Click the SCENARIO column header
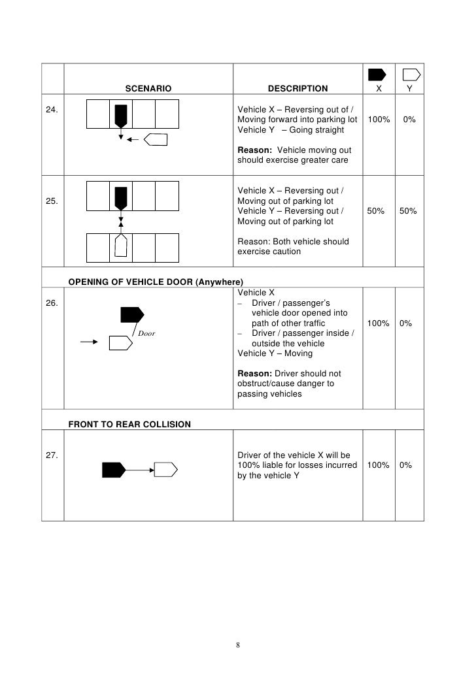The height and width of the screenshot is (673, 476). [148, 88]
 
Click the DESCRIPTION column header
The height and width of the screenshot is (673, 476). [298, 88]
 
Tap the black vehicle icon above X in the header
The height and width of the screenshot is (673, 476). [377, 74]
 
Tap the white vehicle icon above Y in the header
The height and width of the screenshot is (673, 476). [411, 74]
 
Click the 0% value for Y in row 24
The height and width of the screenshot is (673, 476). [409, 120]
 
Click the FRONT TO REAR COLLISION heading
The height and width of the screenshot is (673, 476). [129, 424]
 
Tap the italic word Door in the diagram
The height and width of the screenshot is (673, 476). [146, 333]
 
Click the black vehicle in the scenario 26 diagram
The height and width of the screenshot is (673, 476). [131, 316]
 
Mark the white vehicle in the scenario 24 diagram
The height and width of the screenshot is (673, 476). [156, 139]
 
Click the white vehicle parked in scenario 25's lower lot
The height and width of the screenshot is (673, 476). [120, 246]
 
